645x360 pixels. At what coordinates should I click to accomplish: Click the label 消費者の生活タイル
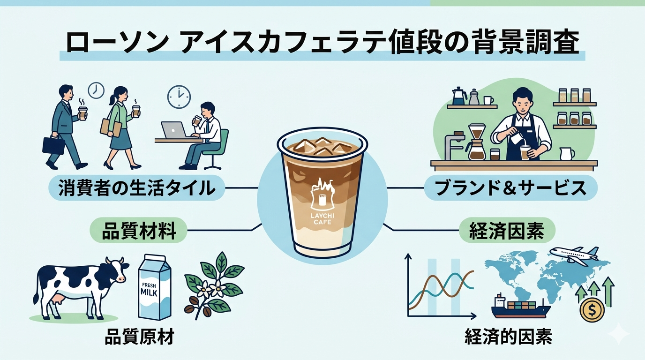137,188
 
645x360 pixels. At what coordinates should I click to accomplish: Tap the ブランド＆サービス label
510,188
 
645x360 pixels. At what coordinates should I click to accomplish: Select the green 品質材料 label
139,231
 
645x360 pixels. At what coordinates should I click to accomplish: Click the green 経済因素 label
507,231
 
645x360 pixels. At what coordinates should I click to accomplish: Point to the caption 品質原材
139,337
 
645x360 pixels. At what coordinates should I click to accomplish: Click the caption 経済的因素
509,337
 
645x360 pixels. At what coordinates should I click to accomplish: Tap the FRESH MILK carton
155,287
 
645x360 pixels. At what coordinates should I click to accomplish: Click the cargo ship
520,306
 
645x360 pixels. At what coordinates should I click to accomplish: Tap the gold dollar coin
592,310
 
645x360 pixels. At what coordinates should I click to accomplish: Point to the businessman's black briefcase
53,145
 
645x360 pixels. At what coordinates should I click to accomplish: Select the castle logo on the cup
322,194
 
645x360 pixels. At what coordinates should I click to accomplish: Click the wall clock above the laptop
179,97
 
